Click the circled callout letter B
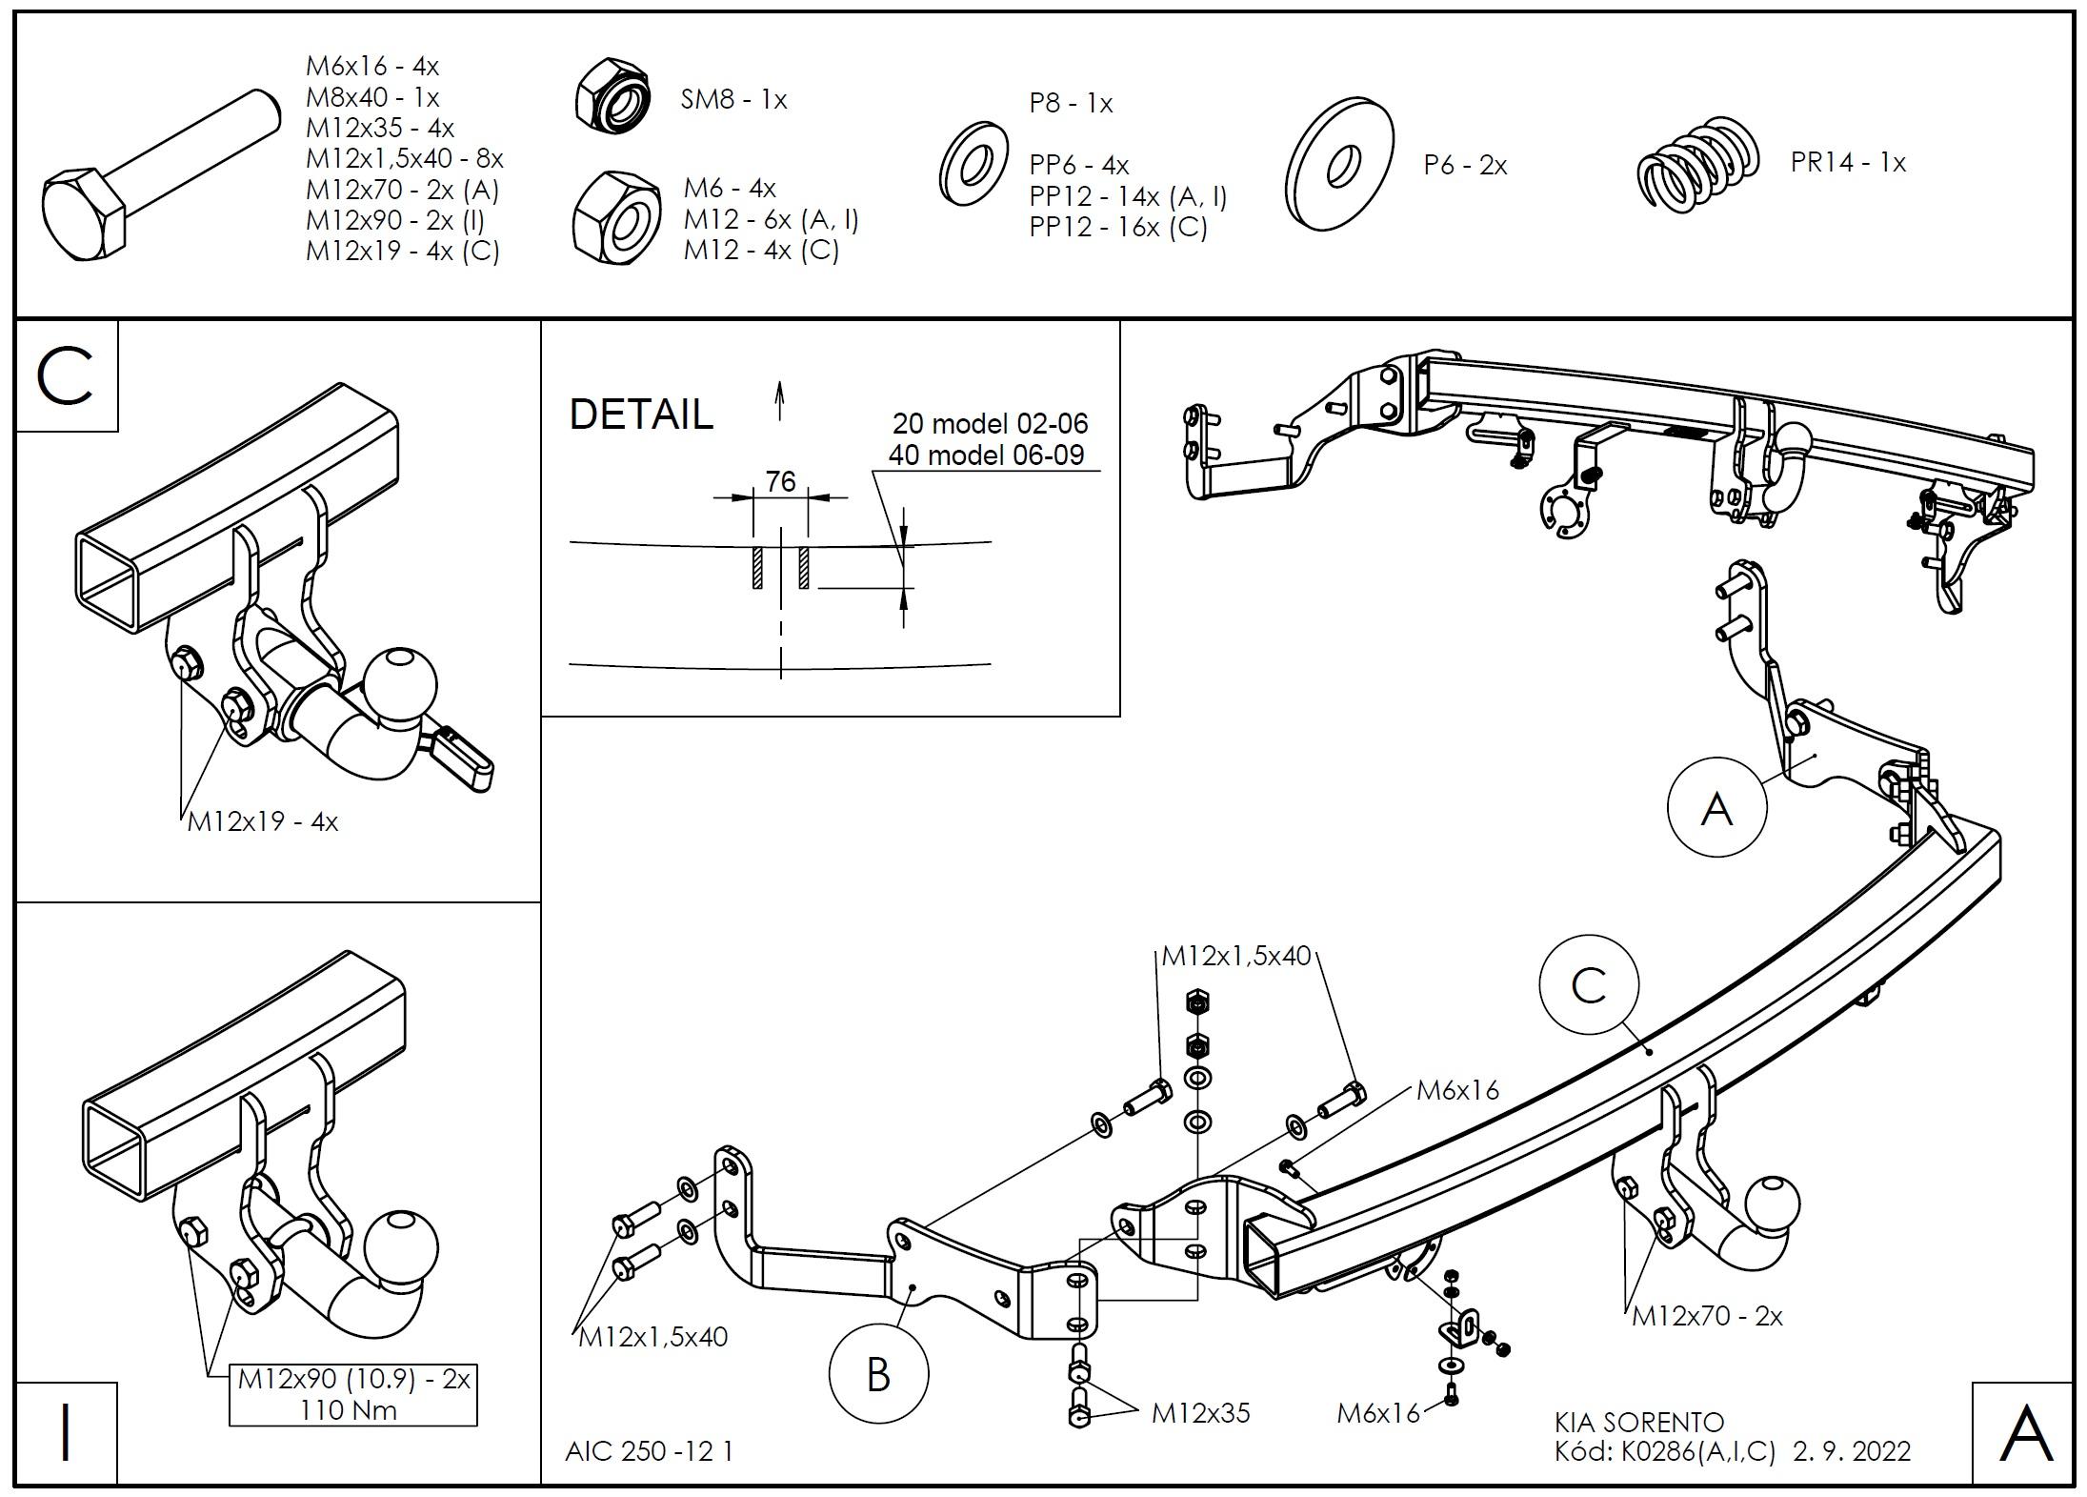point(878,1374)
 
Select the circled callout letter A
point(1716,809)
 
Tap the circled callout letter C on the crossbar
point(1589,986)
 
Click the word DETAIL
point(641,415)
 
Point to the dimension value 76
point(780,482)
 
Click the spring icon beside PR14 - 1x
point(1697,164)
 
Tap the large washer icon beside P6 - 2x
point(1339,164)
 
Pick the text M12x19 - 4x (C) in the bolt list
point(402,251)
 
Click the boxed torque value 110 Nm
point(349,1409)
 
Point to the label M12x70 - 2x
point(1707,1316)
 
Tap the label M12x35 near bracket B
point(1200,1412)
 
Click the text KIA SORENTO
point(1639,1423)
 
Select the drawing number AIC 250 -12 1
point(649,1451)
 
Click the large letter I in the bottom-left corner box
point(66,1433)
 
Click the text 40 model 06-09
point(986,455)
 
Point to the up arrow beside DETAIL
point(780,400)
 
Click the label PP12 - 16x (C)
point(1118,227)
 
